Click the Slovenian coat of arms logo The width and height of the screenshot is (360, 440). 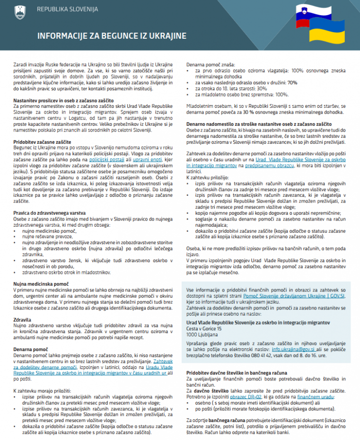click(x=19, y=10)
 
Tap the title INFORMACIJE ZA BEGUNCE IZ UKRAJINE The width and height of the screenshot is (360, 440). click(x=112, y=36)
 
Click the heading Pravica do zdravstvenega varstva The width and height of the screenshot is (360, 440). click(x=49, y=213)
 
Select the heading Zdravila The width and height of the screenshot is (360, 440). click(x=23, y=320)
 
